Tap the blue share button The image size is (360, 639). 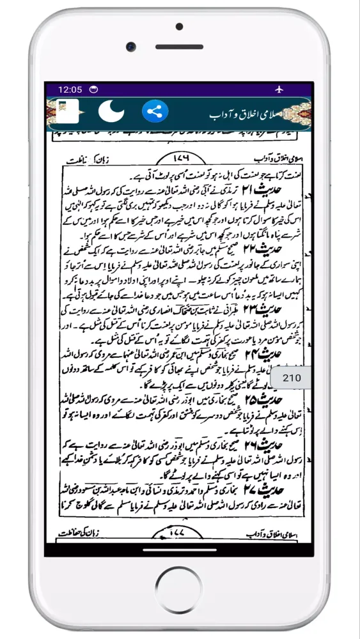154,112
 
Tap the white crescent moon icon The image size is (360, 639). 111,112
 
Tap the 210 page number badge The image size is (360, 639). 291,378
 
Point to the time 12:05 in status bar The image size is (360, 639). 70,89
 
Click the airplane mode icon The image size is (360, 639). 279,89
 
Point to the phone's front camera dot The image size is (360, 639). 130,47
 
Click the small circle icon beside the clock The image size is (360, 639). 94,89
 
